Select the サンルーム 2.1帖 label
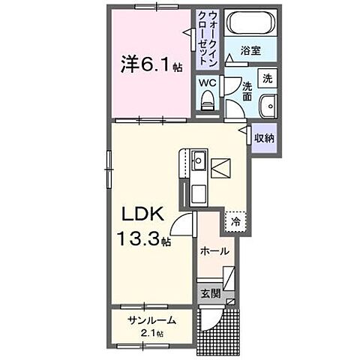[151, 325]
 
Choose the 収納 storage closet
[263, 138]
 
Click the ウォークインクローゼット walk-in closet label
[205, 37]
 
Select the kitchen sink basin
[199, 160]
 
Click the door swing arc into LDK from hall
[181, 223]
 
